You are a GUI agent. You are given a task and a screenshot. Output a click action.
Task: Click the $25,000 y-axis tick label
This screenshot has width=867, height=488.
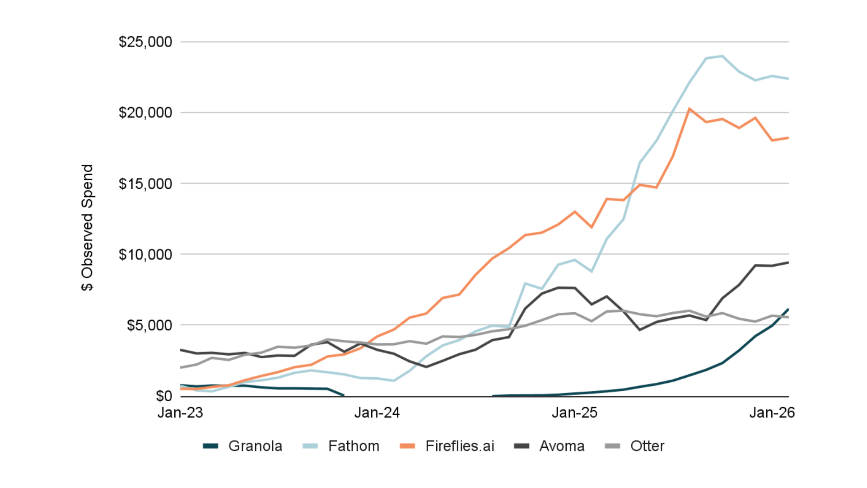(145, 42)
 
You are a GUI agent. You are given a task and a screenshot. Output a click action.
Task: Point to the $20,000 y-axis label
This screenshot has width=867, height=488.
(145, 113)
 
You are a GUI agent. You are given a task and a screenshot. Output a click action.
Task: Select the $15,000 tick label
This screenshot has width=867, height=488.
(145, 183)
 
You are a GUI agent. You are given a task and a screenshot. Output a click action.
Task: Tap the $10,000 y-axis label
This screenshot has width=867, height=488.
(145, 254)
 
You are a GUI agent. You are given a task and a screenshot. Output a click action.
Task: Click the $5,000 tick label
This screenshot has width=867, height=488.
(149, 325)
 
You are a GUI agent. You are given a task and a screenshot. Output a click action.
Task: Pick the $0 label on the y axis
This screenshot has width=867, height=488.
(163, 396)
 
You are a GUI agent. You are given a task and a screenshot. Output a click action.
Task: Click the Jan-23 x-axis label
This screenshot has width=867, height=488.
(180, 413)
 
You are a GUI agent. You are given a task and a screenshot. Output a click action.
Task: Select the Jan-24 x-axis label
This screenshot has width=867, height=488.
(377, 413)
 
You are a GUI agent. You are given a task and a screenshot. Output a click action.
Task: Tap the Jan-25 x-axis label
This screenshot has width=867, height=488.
(574, 413)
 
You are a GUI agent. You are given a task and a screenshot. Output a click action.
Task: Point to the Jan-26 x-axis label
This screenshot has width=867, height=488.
(772, 413)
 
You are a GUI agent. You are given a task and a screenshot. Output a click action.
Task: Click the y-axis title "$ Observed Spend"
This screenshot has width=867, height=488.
(87, 228)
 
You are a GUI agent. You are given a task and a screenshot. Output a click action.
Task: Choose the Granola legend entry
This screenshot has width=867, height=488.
(243, 446)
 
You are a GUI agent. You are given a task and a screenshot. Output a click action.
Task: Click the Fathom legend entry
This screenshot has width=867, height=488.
(341, 446)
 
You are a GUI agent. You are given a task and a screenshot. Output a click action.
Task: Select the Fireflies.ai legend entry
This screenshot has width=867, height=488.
(447, 446)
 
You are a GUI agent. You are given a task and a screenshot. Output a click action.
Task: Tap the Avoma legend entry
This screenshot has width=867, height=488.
(550, 446)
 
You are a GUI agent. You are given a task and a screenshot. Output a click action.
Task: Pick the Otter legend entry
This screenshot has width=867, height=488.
(634, 446)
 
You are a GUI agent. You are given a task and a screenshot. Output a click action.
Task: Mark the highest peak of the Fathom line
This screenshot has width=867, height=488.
(722, 56)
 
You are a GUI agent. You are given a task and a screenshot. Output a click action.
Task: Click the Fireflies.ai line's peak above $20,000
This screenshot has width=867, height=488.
(689, 108)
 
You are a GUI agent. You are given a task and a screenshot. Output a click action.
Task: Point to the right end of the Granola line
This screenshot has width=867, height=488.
(788, 309)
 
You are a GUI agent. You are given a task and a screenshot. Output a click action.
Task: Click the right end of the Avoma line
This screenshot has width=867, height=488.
(788, 263)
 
